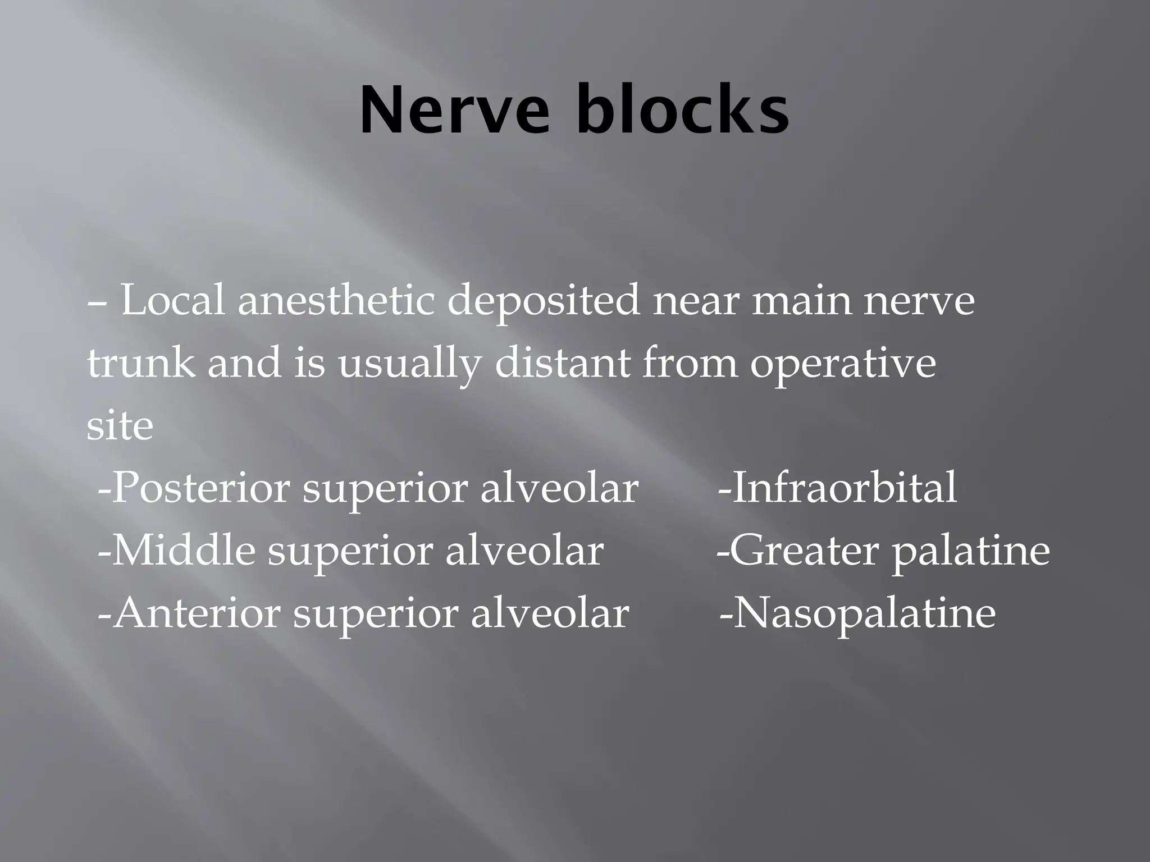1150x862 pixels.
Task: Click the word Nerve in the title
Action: tap(454, 111)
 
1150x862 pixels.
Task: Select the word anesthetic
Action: tap(336, 301)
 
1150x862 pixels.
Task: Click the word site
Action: tap(120, 426)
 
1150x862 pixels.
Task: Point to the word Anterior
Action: tap(196, 613)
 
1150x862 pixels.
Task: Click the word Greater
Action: tap(804, 551)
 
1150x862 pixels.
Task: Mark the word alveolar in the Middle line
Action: tap(524, 551)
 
